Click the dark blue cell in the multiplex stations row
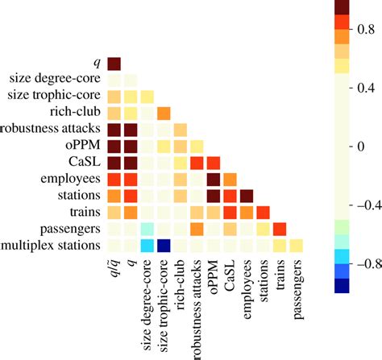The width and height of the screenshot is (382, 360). point(164,245)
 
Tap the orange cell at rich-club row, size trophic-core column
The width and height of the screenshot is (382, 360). point(164,112)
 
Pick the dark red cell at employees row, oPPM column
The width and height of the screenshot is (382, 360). point(214,179)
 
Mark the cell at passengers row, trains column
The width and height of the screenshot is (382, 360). point(280,229)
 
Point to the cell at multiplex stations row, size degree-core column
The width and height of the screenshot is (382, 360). point(147,245)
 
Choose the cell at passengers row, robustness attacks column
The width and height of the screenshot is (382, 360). point(197,229)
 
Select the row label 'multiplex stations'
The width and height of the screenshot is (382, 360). point(52,246)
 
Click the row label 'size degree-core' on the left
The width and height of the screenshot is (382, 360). point(53,79)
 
